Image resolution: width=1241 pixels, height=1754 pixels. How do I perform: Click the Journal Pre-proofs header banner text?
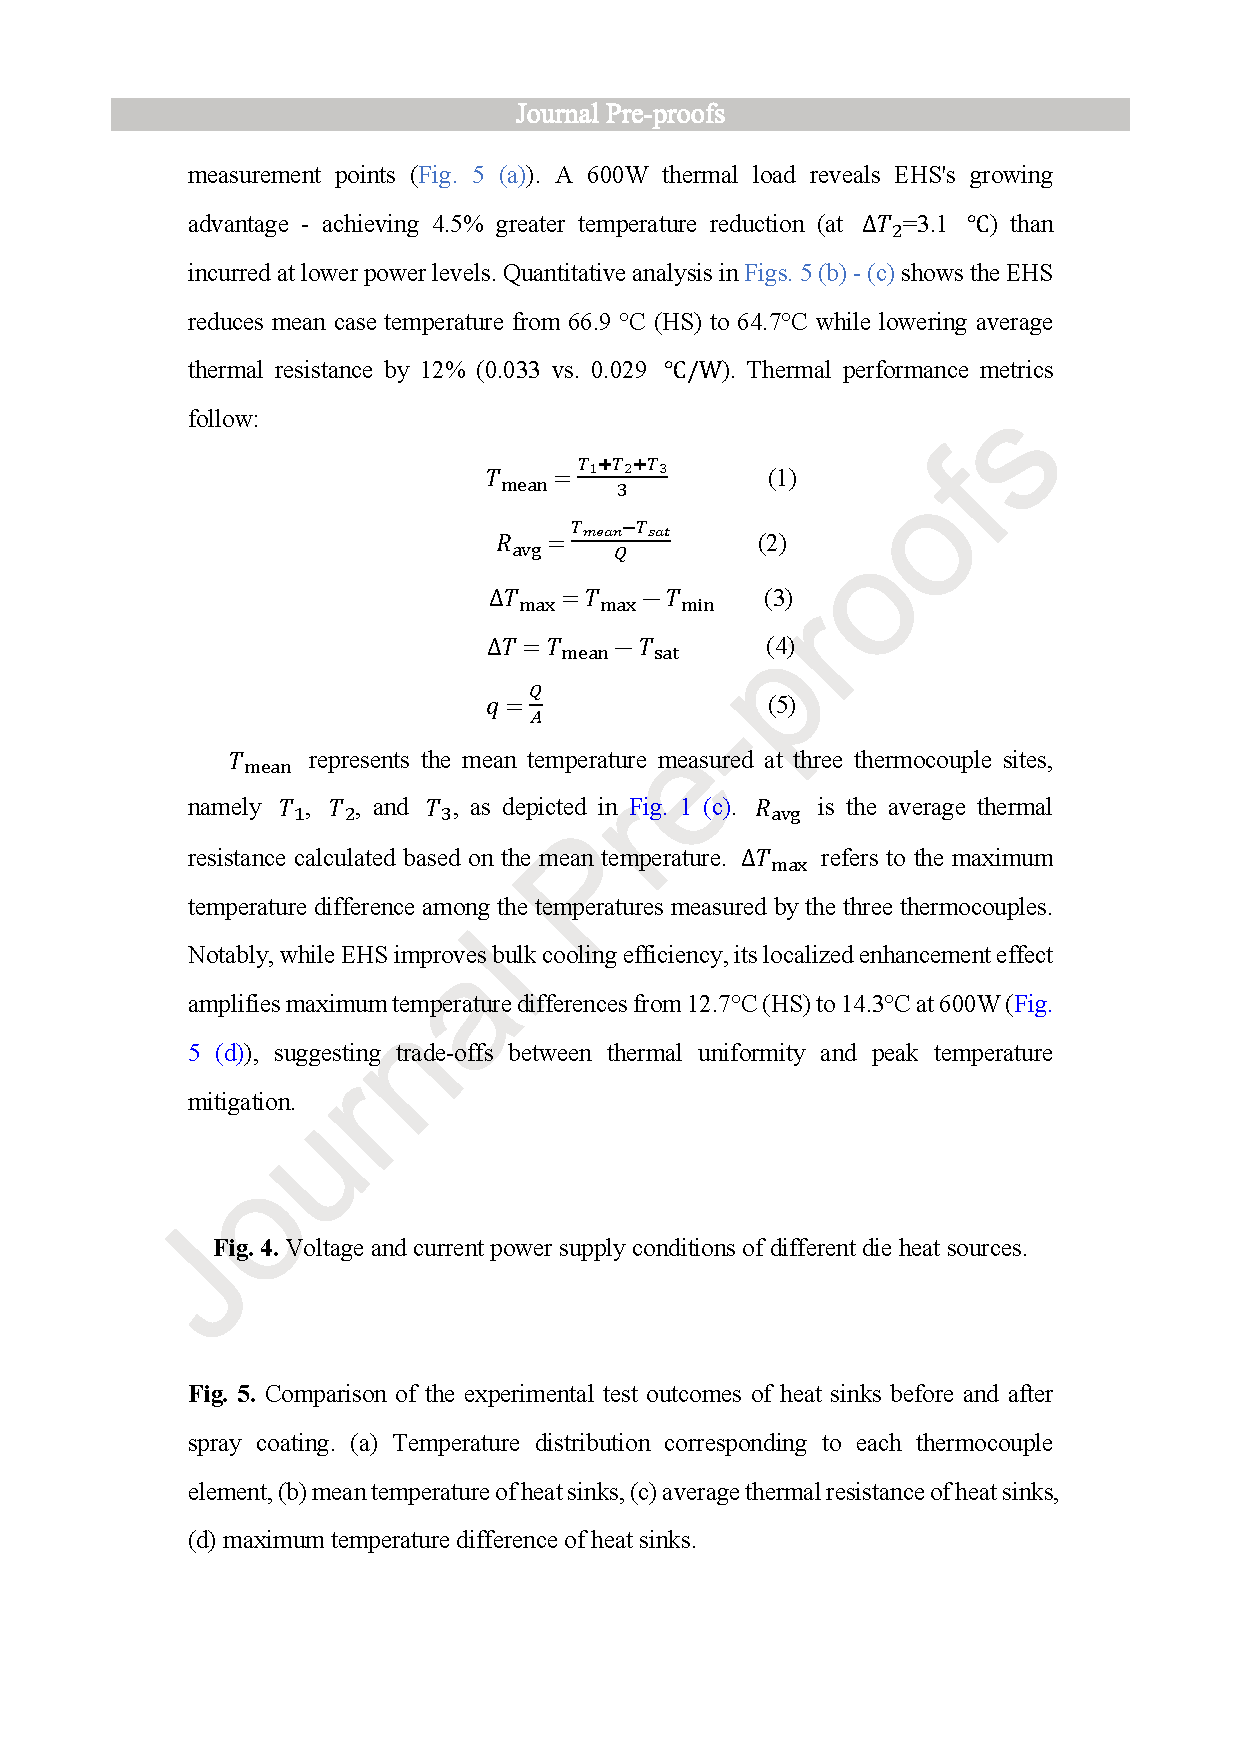(x=620, y=114)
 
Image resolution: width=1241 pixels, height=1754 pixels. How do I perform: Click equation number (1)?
(x=782, y=478)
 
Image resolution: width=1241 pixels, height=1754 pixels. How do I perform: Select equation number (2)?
(x=772, y=543)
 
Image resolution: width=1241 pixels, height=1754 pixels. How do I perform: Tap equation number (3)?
(x=778, y=598)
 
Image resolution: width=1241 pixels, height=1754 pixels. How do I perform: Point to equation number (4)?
(x=780, y=646)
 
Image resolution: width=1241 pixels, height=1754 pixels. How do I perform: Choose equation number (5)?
(x=782, y=705)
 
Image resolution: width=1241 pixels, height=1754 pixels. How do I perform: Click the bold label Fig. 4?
(x=246, y=1248)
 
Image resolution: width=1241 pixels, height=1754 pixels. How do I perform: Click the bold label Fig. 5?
(x=222, y=1394)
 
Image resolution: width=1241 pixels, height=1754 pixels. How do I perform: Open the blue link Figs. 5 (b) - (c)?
(x=819, y=273)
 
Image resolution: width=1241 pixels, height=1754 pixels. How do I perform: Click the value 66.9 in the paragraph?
(x=590, y=322)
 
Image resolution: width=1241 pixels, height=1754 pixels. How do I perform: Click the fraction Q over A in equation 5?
(x=536, y=705)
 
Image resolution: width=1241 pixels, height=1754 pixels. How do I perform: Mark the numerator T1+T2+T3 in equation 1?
(x=622, y=466)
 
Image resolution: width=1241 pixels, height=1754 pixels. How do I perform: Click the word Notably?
(x=229, y=955)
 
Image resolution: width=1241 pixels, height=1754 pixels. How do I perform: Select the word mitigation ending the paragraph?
(x=240, y=1102)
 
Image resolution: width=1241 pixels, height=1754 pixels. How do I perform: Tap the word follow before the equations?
(x=221, y=419)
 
